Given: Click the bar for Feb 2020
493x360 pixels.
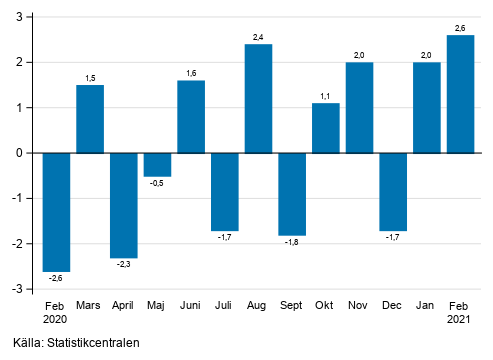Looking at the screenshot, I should point(56,212).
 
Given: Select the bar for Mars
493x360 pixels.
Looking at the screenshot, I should point(90,119).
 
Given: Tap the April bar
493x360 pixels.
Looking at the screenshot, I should point(124,205).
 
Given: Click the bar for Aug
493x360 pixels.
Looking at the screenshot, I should point(258,98).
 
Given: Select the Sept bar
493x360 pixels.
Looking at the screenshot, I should point(292,194).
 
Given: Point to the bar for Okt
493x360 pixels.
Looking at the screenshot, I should point(326,128).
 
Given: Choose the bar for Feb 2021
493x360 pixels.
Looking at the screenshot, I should point(461,94).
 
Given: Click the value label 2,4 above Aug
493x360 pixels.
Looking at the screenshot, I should point(258,37).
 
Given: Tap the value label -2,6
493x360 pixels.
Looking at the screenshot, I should point(56,278).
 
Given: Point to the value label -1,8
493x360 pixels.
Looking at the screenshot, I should point(292,242).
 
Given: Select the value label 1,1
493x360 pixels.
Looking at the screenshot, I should point(326,96).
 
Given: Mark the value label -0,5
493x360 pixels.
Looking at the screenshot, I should point(157,183).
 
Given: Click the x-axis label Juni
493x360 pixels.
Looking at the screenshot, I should point(191,305).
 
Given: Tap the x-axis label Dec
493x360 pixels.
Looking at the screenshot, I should point(393,305).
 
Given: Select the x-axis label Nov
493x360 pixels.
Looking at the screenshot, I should point(359,305).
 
